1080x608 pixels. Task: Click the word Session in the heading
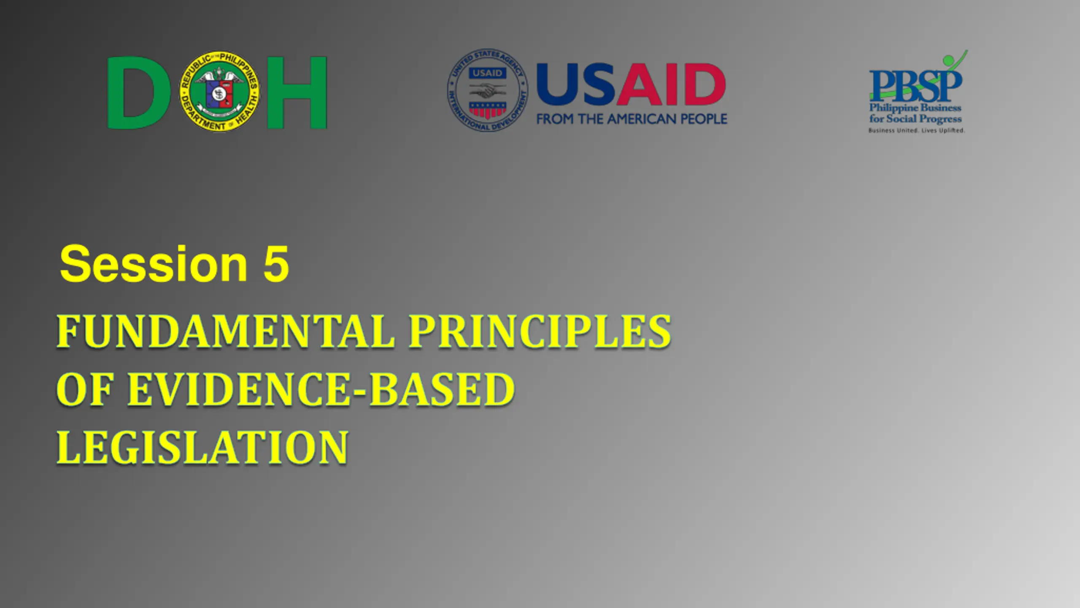point(154,263)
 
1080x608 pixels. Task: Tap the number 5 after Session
point(276,263)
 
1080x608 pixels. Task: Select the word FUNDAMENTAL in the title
point(226,331)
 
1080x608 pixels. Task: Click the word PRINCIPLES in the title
point(540,331)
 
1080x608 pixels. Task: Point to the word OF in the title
point(84,389)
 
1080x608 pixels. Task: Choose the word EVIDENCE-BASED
point(321,389)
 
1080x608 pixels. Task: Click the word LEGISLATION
point(202,447)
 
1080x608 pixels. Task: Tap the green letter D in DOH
point(138,92)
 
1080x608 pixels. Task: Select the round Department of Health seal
point(220,91)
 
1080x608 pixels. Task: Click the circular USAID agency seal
point(488,90)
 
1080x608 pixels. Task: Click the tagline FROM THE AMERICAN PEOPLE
point(632,119)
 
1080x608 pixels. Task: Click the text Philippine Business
point(915,108)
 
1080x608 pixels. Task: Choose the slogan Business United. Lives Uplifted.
point(916,130)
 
